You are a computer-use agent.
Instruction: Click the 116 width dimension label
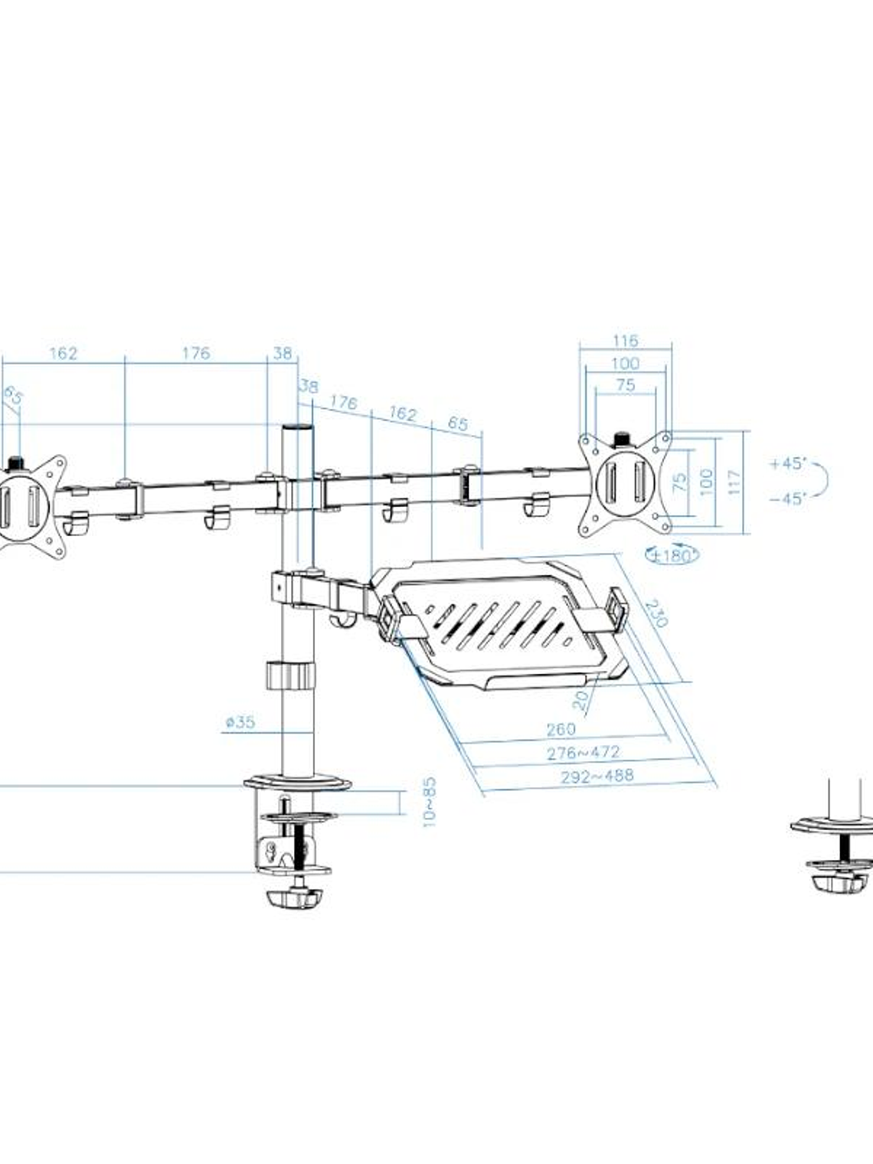625,341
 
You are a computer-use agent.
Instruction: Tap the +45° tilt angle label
789,463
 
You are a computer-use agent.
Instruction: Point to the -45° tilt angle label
788,499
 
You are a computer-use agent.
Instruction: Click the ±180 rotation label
672,555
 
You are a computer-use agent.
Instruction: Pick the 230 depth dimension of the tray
656,613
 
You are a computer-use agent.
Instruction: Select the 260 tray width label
561,729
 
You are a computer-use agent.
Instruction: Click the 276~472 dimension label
583,753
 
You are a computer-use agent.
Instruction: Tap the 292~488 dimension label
597,776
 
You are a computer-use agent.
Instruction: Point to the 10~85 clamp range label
429,802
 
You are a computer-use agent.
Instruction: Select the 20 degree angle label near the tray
583,698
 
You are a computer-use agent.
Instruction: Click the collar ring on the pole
290,675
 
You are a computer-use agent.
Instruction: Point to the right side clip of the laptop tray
617,606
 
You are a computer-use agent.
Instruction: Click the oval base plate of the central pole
297,784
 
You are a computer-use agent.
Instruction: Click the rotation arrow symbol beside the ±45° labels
821,481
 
